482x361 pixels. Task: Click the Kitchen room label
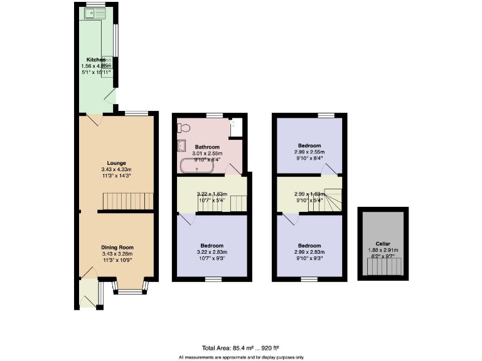point(95,60)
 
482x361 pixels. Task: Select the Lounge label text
point(116,162)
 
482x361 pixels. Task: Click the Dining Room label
point(117,248)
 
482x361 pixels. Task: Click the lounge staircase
point(128,201)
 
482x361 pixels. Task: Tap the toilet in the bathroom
point(183,128)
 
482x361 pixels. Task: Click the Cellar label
point(383,243)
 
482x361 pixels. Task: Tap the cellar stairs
point(383,268)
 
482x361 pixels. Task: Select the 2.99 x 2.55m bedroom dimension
point(310,152)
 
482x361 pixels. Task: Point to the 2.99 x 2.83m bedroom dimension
point(310,252)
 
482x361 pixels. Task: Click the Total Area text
point(240,347)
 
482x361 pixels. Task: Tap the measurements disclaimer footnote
point(240,357)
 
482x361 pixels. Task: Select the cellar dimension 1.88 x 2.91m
point(383,249)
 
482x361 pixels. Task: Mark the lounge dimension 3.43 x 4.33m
point(116,169)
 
